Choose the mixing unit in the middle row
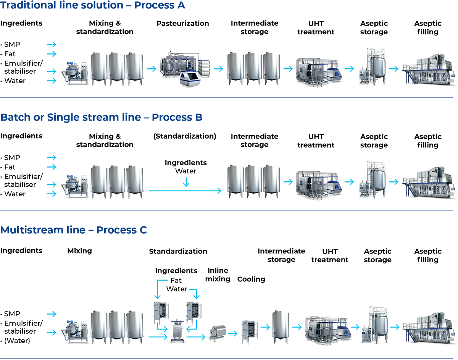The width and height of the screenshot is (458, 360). pyautogui.click(x=74, y=184)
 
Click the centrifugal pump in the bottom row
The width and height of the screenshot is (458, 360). pyautogui.click(x=220, y=332)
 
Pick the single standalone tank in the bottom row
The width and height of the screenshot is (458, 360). pyautogui.click(x=281, y=324)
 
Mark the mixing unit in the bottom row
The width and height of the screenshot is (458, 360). pyautogui.click(x=74, y=331)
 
